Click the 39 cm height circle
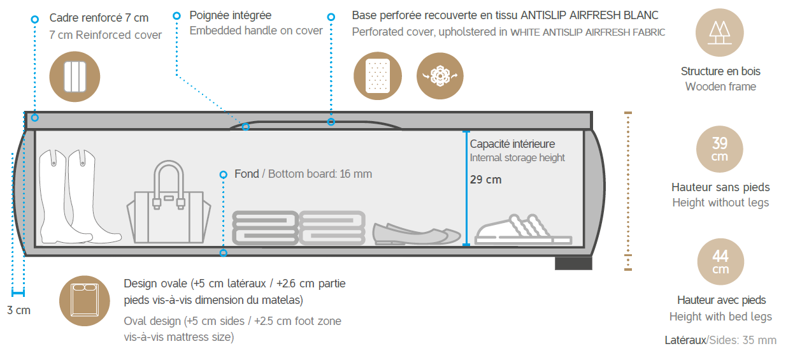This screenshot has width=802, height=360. click(x=719, y=149)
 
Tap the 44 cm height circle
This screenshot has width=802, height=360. click(x=720, y=261)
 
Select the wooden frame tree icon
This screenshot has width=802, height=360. click(x=720, y=32)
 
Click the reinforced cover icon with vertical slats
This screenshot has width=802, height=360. click(x=75, y=76)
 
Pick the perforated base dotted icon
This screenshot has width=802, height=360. click(x=377, y=76)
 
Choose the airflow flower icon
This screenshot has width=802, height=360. click(x=440, y=76)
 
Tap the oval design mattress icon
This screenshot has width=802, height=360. click(x=85, y=301)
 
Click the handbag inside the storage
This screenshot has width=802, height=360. click(x=169, y=203)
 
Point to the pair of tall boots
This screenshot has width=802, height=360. click(x=80, y=196)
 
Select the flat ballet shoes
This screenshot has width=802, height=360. click(x=417, y=234)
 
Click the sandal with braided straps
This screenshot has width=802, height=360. click(x=523, y=230)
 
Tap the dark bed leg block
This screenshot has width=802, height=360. click(x=573, y=263)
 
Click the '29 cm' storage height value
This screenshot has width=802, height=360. click(x=485, y=180)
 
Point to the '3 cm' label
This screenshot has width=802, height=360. click(x=18, y=310)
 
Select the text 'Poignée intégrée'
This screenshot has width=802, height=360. click(x=230, y=15)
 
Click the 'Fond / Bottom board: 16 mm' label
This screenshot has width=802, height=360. click(x=303, y=174)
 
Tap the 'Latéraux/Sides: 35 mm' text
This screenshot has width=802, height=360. click(x=720, y=340)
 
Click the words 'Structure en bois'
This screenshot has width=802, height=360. click(x=720, y=71)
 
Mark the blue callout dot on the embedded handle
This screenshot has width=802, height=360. click(x=246, y=127)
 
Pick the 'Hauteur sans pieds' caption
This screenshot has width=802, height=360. click(x=720, y=187)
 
